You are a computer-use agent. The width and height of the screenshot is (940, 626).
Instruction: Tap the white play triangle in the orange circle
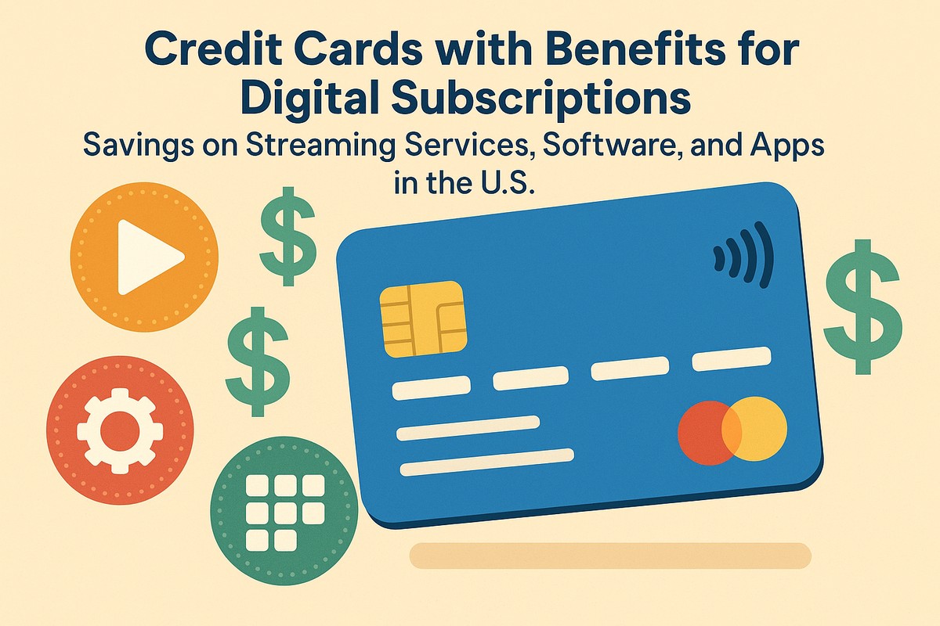click(147, 257)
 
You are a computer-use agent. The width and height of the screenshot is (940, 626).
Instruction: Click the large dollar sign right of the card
click(862, 306)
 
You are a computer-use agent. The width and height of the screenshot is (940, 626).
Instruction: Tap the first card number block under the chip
click(431, 387)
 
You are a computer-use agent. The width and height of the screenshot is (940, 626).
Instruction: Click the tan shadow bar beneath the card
click(610, 555)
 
